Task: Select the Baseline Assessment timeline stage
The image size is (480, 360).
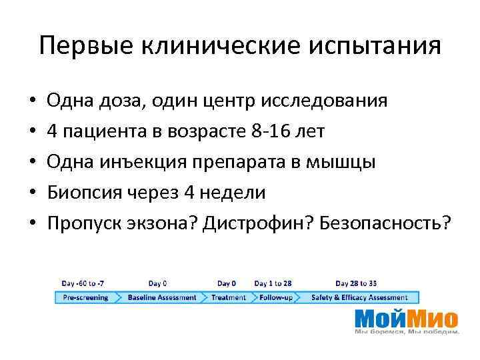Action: tap(162, 297)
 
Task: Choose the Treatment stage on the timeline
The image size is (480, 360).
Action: tap(229, 297)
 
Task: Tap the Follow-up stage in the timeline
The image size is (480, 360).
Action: tap(275, 297)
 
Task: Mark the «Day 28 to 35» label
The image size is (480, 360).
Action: tap(355, 283)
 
